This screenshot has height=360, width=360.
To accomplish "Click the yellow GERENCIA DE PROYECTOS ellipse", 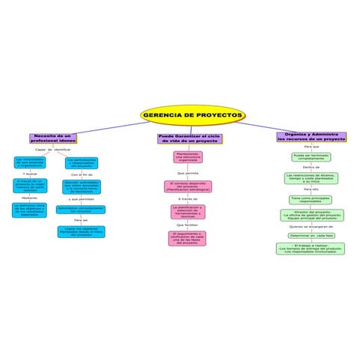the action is point(193,115).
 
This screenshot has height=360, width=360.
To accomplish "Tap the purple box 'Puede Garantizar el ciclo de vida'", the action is point(189,138).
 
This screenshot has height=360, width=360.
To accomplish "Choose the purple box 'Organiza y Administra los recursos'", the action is point(311,137).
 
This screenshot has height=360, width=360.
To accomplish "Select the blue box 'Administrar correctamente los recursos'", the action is point(81,210).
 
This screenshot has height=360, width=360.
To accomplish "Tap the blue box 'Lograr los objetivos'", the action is point(80,232).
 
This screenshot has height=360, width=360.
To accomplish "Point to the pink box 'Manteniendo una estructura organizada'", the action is point(188,158).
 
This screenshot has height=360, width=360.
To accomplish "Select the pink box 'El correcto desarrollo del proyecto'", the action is point(188,186).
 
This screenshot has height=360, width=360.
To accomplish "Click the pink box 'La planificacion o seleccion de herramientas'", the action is point(188,212).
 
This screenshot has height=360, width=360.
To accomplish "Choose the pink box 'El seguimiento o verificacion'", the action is point(188,238).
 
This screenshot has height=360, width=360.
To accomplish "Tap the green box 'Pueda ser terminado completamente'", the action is point(311,157).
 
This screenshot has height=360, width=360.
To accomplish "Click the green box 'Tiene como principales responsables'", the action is point(311,200).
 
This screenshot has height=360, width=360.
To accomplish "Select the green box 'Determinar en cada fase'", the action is point(311,235).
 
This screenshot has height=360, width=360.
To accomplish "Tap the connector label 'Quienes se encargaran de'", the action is point(311,225).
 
